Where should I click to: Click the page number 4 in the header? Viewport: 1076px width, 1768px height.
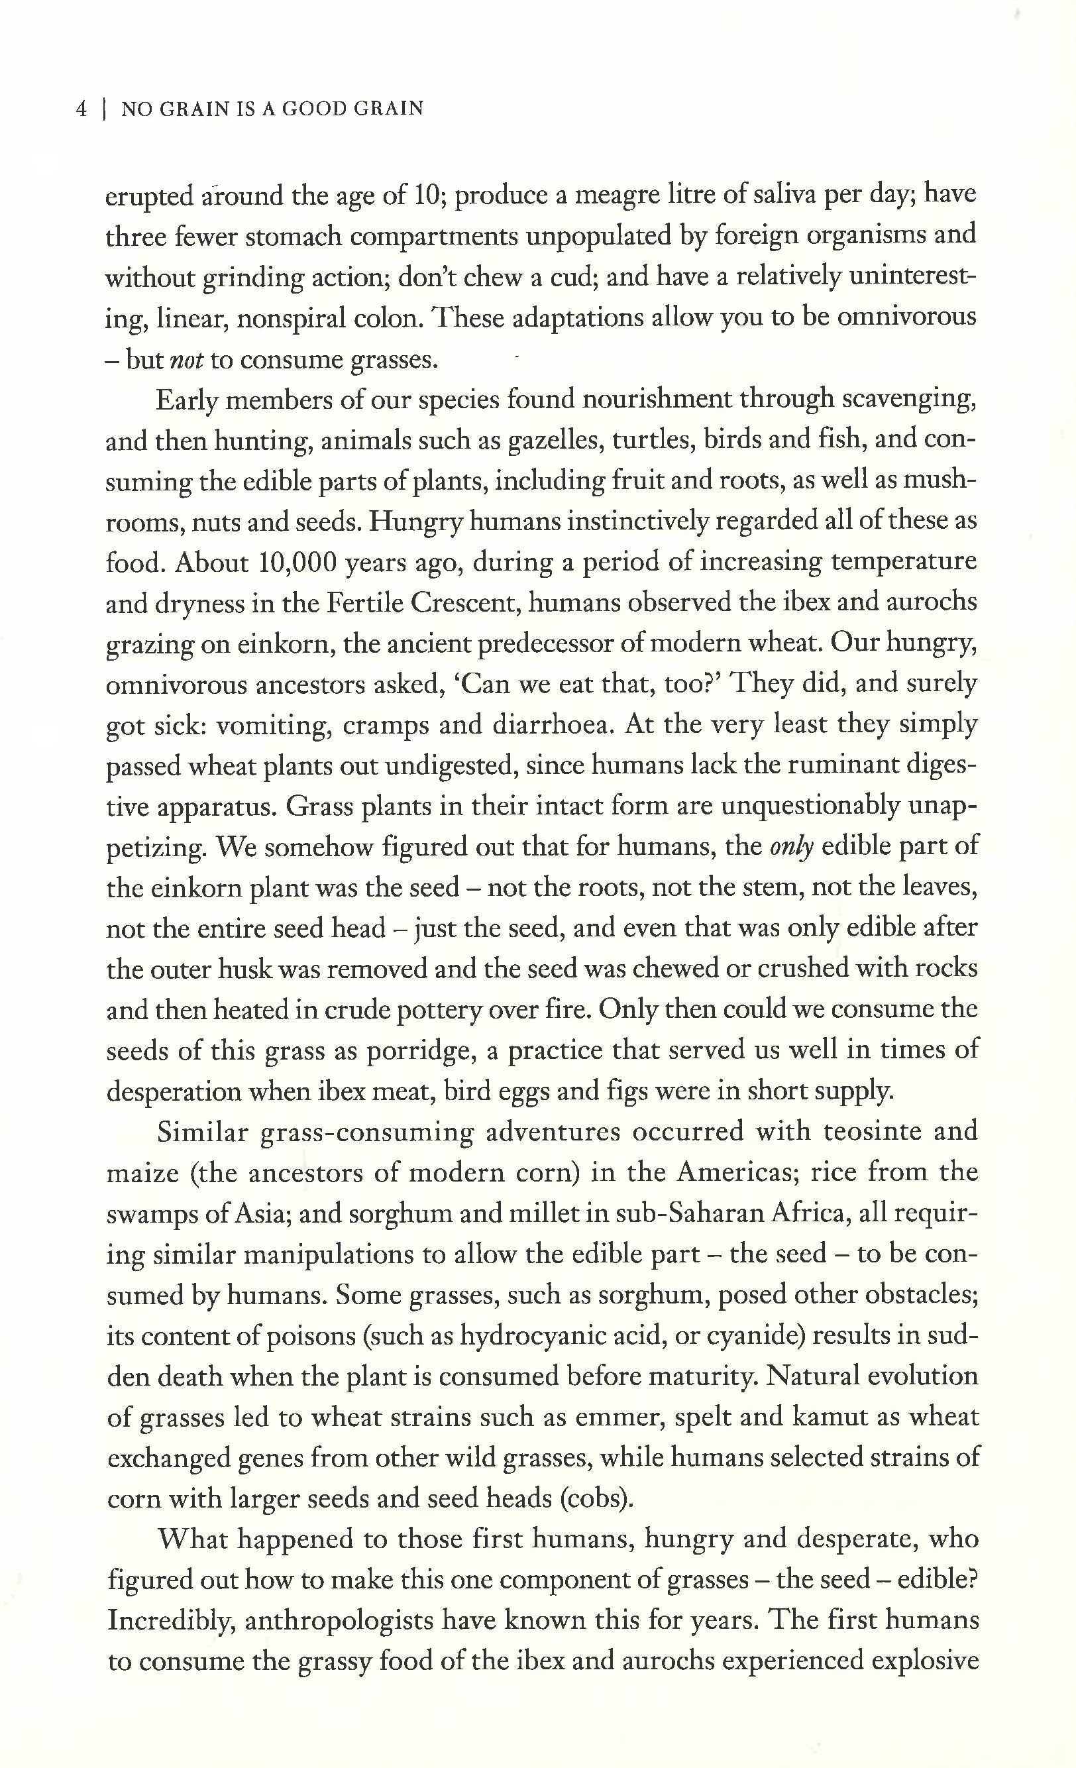click(x=81, y=109)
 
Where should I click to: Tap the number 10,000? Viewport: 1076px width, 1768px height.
click(x=297, y=562)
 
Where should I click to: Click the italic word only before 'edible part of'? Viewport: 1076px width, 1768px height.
click(x=791, y=847)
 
